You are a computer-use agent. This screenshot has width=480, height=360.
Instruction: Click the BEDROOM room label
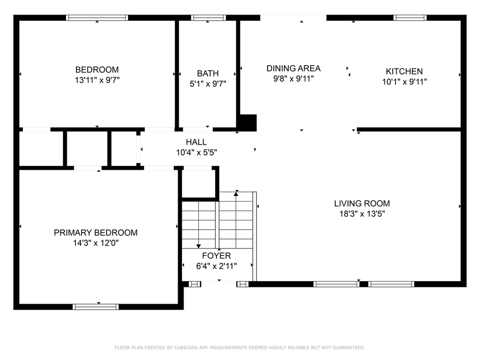click(x=97, y=70)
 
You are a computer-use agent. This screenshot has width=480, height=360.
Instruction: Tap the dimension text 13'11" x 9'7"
click(x=97, y=80)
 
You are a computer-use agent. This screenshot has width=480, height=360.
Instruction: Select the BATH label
click(x=208, y=74)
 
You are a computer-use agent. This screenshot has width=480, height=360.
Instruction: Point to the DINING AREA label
click(x=293, y=68)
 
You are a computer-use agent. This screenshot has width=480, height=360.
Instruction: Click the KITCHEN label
click(x=404, y=71)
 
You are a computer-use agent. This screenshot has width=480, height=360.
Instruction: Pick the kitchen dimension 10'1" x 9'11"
click(x=405, y=82)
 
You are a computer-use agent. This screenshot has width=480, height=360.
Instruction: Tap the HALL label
click(x=196, y=142)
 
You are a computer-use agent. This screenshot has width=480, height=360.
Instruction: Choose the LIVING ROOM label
click(x=362, y=203)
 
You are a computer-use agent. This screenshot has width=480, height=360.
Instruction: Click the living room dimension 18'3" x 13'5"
click(x=362, y=214)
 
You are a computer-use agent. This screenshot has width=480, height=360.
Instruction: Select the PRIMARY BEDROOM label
click(x=96, y=232)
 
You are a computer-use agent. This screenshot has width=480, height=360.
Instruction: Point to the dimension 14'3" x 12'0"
click(x=96, y=243)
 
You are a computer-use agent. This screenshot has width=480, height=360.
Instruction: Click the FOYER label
click(x=217, y=255)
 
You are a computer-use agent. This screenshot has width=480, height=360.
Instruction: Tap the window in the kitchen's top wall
click(x=410, y=18)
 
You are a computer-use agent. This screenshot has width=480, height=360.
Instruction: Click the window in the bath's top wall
click(x=209, y=18)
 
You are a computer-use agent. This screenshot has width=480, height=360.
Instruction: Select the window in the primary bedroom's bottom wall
click(x=96, y=307)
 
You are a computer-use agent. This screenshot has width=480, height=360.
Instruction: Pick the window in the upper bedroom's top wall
click(x=97, y=18)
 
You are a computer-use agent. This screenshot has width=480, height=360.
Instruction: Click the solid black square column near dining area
click(x=248, y=123)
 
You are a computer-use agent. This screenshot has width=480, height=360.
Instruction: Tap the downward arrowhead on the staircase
click(x=198, y=247)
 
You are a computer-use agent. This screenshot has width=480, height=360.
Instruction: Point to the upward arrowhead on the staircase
click(x=236, y=194)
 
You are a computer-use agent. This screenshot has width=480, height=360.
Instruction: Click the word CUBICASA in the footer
click(x=187, y=347)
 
